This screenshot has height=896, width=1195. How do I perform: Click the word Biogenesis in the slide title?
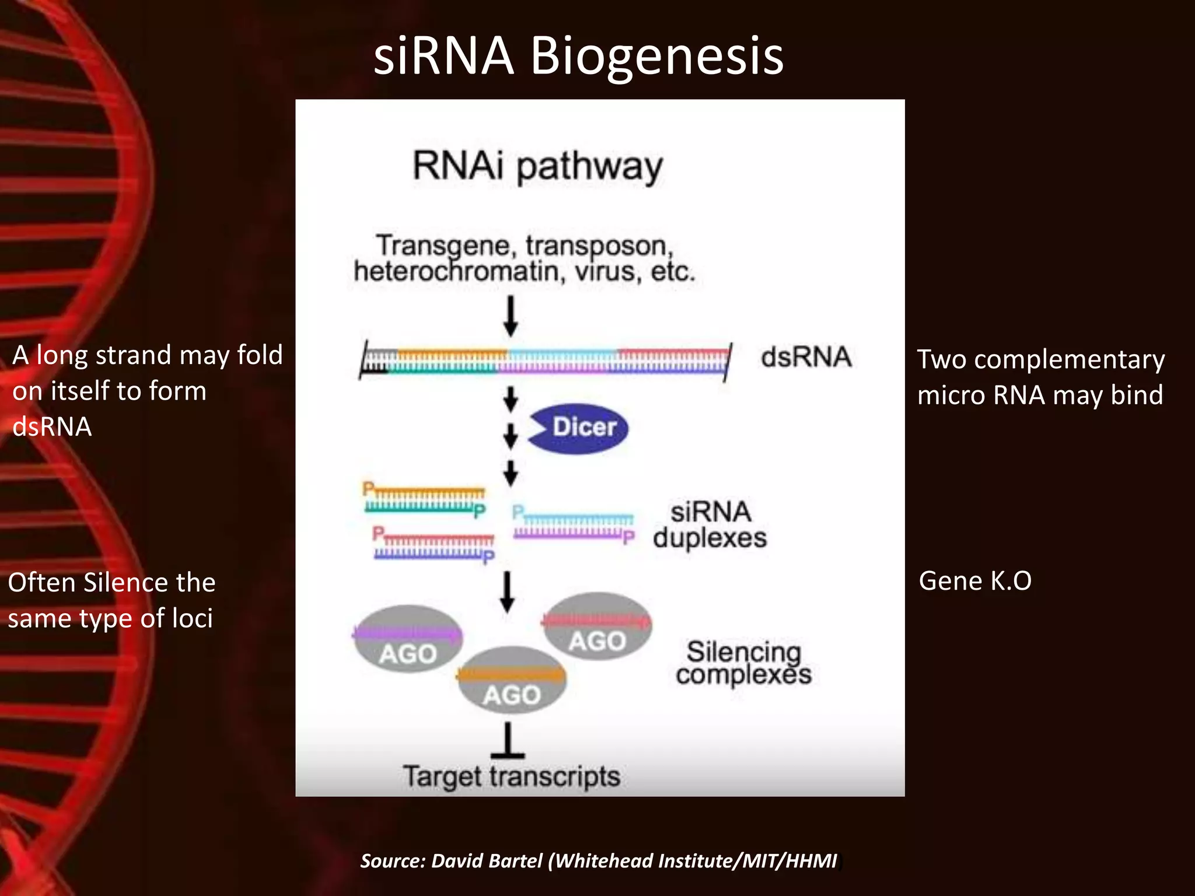pyautogui.click(x=656, y=57)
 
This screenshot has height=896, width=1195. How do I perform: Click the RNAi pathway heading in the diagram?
pyautogui.click(x=537, y=166)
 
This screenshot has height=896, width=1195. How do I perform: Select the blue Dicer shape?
pyautogui.click(x=579, y=428)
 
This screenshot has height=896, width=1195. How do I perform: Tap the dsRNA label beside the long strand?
pyautogui.click(x=806, y=357)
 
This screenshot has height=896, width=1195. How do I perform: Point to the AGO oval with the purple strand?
pyautogui.click(x=407, y=639)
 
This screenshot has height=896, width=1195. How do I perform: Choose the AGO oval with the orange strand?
pyautogui.click(x=511, y=680)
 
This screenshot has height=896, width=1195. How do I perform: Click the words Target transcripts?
pyautogui.click(x=511, y=776)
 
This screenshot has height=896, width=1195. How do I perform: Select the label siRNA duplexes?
pyautogui.click(x=710, y=524)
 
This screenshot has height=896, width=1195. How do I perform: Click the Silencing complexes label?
pyautogui.click(x=743, y=663)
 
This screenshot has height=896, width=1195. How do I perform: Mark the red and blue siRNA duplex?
pyautogui.click(x=434, y=545)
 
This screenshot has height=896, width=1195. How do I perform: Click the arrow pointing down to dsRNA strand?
pyautogui.click(x=511, y=316)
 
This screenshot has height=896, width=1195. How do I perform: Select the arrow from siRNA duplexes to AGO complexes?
pyautogui.click(x=508, y=591)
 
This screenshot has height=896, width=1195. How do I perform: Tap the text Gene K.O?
pyautogui.click(x=974, y=581)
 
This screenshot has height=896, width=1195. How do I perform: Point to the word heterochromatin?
pyautogui.click(x=459, y=272)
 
